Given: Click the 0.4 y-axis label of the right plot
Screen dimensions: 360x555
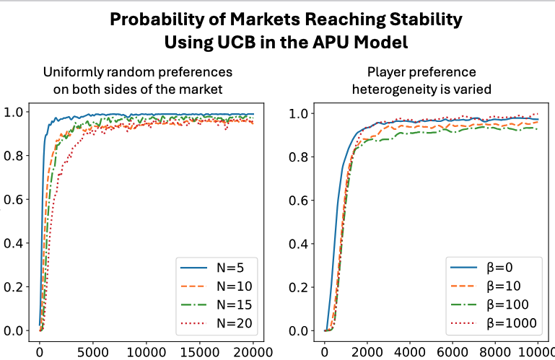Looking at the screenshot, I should click(x=300, y=244).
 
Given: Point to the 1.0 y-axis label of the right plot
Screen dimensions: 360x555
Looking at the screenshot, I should click(x=300, y=113).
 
